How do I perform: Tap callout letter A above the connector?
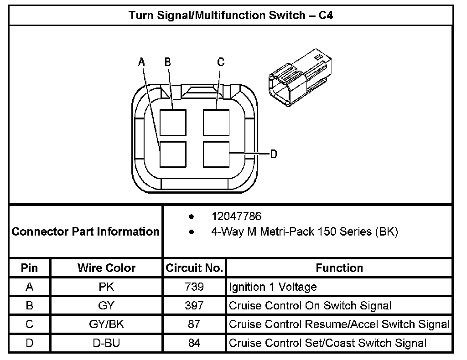[141, 62]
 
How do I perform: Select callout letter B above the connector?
[168, 62]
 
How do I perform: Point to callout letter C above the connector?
[221, 62]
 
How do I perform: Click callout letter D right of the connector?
[274, 154]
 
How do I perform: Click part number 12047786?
[236, 216]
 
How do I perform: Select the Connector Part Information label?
[86, 231]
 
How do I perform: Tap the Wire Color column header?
[106, 268]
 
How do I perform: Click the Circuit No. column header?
[194, 268]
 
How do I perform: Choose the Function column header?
[339, 268]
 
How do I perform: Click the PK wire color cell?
[106, 287]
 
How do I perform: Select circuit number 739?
[194, 287]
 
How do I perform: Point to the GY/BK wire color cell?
[106, 324]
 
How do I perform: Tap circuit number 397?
[194, 306]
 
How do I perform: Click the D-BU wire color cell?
[106, 343]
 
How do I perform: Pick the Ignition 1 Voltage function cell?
[273, 287]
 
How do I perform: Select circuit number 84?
[194, 343]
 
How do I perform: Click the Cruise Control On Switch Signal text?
[310, 306]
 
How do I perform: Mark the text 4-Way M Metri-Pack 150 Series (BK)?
[304, 231]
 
